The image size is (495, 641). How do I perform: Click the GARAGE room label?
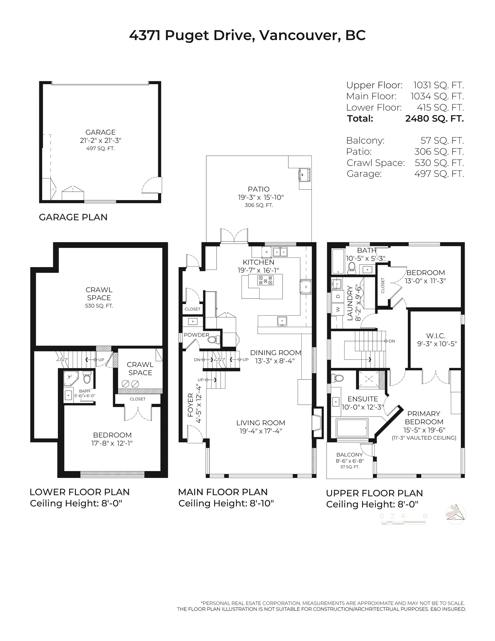[100, 132]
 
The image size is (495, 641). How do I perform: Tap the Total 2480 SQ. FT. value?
[434, 119]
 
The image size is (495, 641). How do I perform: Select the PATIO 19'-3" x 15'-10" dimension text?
[261, 197]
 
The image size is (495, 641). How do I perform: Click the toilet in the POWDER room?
[213, 340]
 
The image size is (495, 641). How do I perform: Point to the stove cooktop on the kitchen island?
[265, 280]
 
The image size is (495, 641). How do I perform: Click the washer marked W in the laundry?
[338, 309]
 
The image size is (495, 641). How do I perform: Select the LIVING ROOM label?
[261, 423]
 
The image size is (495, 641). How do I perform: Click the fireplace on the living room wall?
[317, 423]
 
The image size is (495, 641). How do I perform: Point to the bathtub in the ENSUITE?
[352, 428]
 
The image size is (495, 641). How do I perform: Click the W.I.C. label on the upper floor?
[435, 336]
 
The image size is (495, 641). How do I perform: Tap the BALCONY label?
[349, 454]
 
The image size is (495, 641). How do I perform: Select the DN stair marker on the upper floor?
[392, 341]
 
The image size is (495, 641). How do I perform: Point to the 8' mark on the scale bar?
[425, 516]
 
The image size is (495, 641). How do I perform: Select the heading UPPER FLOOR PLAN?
[374, 493]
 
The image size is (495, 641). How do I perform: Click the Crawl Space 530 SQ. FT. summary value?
[439, 162]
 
